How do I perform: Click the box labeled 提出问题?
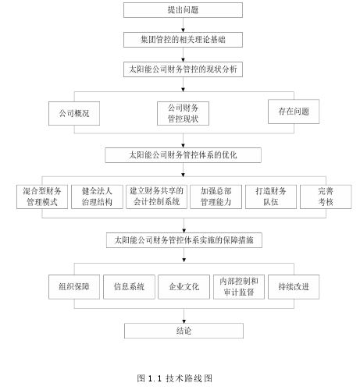183,10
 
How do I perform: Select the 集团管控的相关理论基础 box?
183,40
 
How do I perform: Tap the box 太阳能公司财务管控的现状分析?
183,69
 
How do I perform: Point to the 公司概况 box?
74,114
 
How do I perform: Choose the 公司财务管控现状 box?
183,114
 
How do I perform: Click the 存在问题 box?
294,112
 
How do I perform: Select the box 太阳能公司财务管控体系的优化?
183,155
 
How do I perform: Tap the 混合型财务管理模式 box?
42,197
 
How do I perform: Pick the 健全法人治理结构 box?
97,197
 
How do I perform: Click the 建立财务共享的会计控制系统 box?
156,197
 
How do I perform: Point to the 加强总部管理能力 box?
216,197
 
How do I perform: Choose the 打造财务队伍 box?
271,197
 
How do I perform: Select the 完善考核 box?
326,197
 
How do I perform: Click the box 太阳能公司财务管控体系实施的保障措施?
184,240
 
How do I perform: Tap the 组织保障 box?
74,287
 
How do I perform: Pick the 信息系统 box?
129,287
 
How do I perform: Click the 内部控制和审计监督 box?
239,287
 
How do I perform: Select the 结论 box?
184,331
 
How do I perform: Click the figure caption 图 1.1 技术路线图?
175,378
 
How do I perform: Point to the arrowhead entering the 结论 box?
184,321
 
